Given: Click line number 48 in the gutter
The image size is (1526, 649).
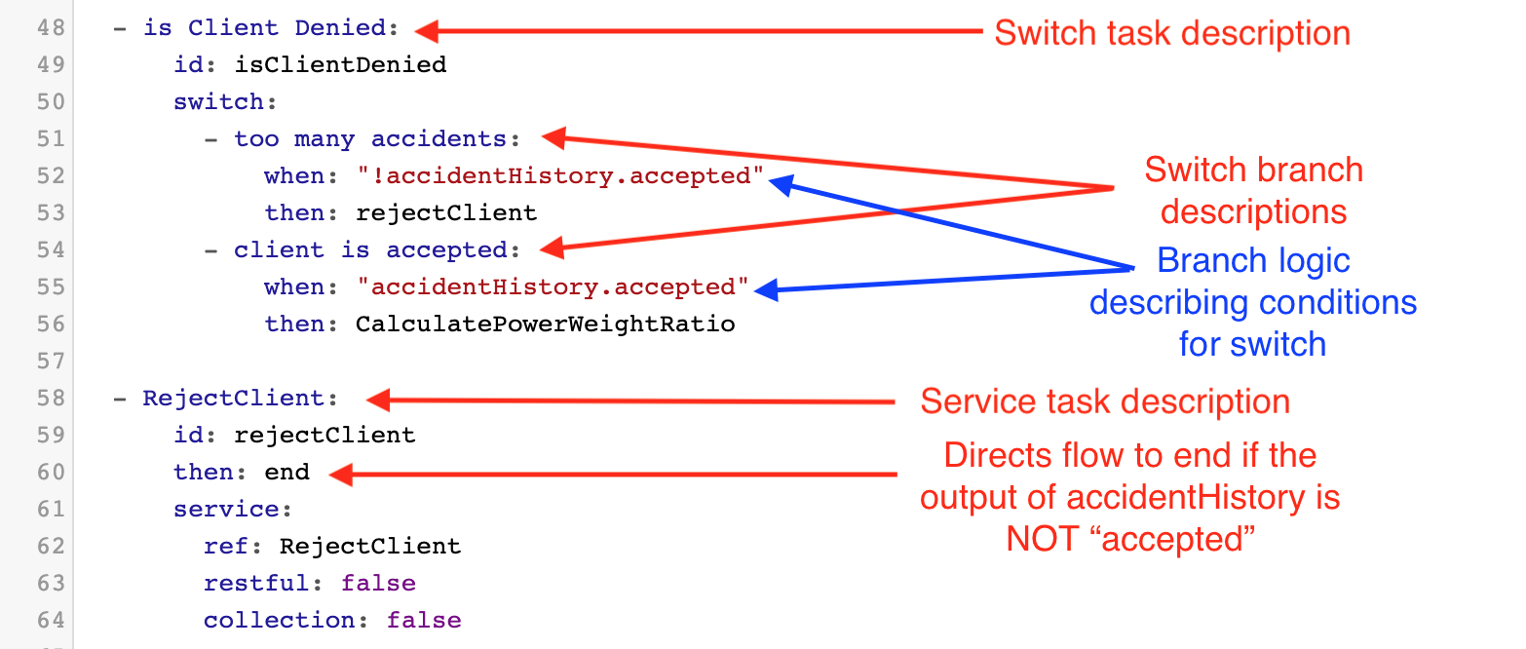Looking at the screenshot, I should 52,28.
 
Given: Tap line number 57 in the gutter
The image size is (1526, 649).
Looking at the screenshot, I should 52,362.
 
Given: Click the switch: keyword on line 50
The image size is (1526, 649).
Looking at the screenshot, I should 218,102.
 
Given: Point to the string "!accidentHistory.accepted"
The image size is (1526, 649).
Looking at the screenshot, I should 560,176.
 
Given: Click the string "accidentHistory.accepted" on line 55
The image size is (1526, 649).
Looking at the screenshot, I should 553,287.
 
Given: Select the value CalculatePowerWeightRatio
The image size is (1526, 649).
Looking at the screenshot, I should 545,324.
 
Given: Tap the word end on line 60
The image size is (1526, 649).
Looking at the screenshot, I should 286,473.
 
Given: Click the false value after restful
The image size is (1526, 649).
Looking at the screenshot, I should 378,584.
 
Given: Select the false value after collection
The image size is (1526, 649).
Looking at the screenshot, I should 424,621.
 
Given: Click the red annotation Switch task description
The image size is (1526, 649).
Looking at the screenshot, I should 1171,33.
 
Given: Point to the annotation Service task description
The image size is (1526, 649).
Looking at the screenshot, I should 1105,401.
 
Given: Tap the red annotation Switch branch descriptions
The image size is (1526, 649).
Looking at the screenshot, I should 1253,190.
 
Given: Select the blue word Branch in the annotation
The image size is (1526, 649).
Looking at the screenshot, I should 1203,261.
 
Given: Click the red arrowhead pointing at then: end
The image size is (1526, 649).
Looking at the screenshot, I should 340,475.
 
